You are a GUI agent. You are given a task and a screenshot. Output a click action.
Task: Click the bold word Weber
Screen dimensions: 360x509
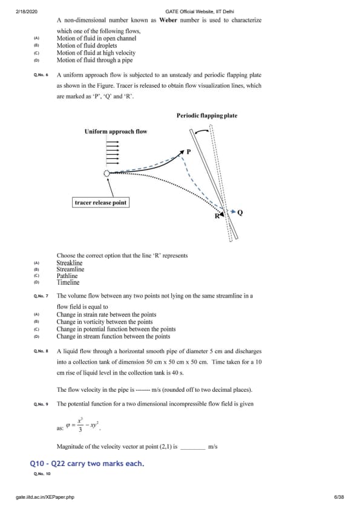(168, 20)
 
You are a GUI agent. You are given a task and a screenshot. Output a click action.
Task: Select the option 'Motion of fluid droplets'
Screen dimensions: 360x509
(87, 45)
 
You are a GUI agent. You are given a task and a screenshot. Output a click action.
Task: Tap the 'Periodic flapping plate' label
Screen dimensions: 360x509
(207, 115)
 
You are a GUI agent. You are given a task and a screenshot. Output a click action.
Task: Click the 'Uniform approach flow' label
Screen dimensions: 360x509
(116, 131)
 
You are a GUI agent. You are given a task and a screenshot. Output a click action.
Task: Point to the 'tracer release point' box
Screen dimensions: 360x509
(100, 203)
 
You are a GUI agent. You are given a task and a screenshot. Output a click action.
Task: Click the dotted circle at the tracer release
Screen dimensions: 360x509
(106, 173)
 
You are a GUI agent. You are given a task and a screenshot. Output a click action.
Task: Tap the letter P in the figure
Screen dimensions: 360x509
(189, 152)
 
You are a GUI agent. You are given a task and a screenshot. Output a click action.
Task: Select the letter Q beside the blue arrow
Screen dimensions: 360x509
(240, 213)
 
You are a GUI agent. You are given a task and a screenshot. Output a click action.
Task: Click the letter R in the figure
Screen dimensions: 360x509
(217, 216)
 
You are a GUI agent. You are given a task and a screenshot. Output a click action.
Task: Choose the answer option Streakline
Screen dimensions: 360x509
(70, 263)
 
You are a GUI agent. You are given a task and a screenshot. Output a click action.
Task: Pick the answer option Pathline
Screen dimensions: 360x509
(67, 276)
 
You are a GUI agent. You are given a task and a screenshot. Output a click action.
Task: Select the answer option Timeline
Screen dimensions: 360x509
(68, 282)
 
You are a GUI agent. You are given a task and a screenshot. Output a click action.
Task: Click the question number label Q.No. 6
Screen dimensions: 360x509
(41, 75)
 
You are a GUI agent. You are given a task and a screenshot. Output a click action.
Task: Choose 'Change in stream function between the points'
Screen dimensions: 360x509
(113, 336)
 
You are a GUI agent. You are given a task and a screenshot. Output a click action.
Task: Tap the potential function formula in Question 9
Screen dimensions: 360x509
(83, 424)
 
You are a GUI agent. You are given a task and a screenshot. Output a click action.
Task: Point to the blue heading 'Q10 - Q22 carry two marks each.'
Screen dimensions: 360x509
(87, 464)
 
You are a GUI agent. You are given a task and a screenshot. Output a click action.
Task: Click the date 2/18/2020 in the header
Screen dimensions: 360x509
(27, 11)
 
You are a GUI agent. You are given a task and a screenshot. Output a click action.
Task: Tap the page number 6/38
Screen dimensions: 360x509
(339, 497)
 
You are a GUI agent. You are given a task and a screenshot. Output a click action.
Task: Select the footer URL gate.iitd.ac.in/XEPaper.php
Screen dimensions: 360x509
(45, 497)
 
